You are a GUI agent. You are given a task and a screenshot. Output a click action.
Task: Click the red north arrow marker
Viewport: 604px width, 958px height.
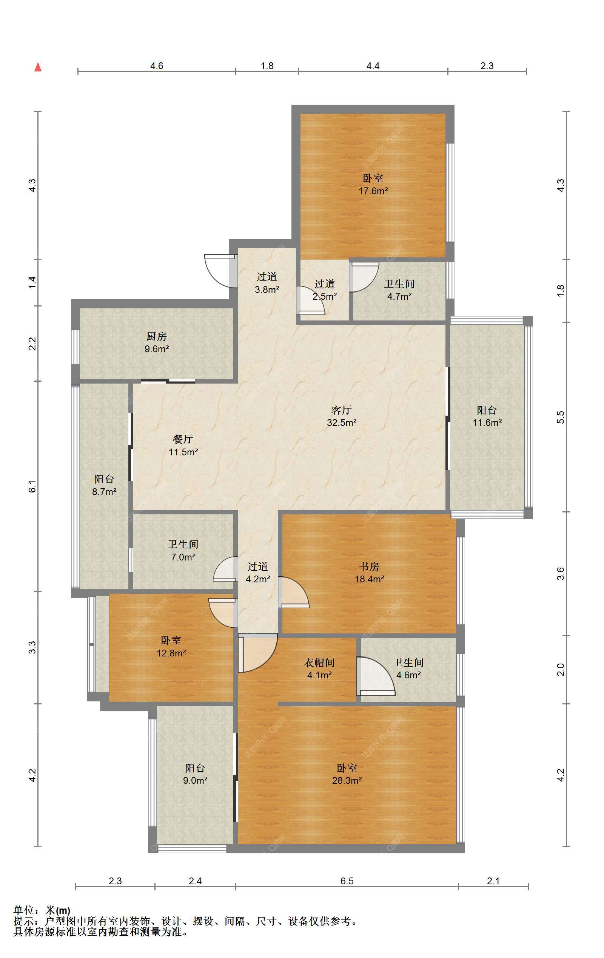(x=38, y=67)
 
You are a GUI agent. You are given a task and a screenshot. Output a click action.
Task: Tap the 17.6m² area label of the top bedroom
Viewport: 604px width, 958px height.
(x=373, y=191)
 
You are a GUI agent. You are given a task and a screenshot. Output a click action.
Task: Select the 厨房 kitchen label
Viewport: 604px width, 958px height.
(x=157, y=337)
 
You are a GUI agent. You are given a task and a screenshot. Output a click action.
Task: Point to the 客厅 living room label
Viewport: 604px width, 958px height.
(x=341, y=410)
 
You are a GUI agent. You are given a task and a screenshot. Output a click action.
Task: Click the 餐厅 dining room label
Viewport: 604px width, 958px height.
(x=183, y=439)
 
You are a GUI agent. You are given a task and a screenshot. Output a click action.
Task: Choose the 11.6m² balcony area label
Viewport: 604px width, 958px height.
(x=487, y=423)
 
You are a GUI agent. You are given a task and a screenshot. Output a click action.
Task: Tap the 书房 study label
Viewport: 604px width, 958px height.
(x=370, y=566)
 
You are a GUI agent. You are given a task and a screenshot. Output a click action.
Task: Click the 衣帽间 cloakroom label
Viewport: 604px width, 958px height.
(x=319, y=662)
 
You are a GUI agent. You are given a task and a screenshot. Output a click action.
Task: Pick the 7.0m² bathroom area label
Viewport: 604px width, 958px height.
(x=183, y=557)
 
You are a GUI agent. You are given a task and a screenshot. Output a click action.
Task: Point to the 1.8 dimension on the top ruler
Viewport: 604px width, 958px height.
(x=267, y=66)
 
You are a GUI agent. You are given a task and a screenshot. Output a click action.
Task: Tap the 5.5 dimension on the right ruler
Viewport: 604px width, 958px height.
(x=560, y=417)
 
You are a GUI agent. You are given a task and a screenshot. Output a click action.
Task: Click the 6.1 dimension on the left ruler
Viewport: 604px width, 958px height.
(x=32, y=486)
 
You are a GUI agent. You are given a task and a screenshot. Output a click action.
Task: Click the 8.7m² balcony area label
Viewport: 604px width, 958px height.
(x=104, y=492)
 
